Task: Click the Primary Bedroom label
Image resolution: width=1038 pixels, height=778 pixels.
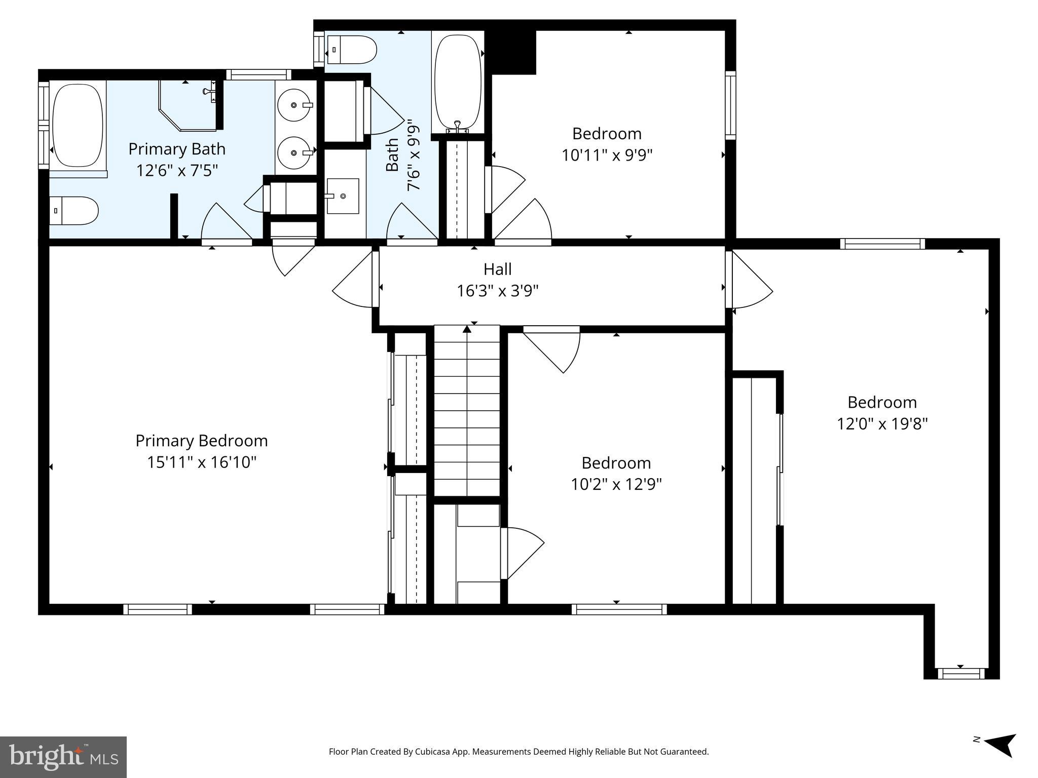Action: (x=201, y=441)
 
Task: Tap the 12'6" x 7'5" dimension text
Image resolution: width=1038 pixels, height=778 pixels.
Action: (x=177, y=171)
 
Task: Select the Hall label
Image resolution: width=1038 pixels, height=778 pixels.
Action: (x=497, y=269)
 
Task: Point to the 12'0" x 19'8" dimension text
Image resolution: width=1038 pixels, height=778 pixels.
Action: (x=882, y=424)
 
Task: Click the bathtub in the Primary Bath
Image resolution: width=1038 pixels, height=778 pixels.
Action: (x=78, y=125)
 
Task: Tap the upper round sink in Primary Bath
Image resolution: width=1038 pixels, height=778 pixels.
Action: (x=294, y=105)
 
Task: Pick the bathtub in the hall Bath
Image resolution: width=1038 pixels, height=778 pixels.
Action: (x=458, y=81)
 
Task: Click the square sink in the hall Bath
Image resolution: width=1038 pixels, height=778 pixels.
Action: (x=343, y=196)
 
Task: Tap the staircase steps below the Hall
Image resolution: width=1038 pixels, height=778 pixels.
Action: (x=467, y=410)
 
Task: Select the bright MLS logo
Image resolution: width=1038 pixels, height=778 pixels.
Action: (x=63, y=757)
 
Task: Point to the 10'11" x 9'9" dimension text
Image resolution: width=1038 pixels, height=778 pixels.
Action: (x=607, y=155)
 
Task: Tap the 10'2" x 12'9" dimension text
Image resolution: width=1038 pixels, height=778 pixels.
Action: (x=616, y=485)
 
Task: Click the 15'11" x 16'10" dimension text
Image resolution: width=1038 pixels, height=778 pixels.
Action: (x=202, y=462)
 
